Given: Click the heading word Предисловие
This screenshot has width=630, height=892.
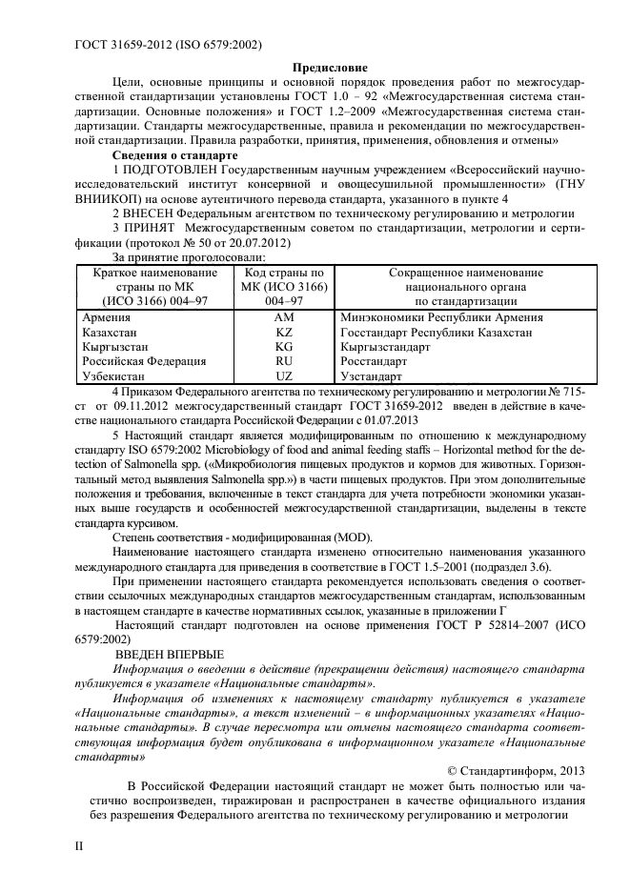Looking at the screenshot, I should point(328,68).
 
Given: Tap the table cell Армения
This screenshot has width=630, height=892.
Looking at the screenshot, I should point(107,316).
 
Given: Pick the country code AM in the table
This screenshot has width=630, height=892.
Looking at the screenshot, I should point(283,316).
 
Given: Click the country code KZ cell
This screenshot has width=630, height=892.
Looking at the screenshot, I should point(283,332).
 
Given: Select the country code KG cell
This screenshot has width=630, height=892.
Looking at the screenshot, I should point(283,347).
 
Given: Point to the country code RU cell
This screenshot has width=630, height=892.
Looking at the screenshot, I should point(283,362).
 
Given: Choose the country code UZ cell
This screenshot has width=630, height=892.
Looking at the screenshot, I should point(283,377).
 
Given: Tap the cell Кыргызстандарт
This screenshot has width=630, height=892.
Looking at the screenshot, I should point(384,347).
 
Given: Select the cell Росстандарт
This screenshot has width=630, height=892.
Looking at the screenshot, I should point(373,362).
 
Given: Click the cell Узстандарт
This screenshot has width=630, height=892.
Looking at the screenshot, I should point(370,377).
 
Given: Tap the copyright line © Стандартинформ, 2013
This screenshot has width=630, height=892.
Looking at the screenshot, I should point(520,770).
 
